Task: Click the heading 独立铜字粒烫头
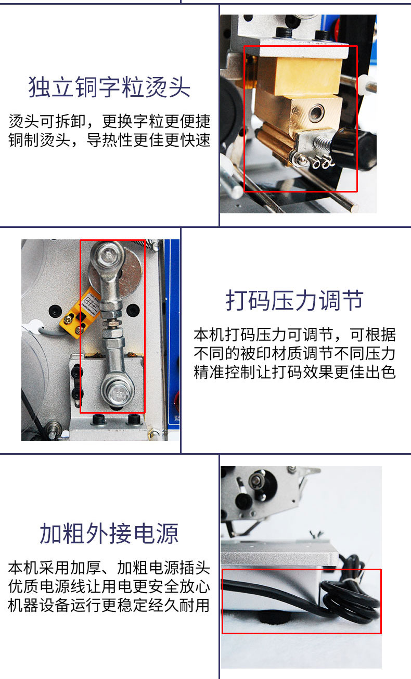(109, 87)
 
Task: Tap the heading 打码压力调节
(294, 300)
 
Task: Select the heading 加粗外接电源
(109, 533)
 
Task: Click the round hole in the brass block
(316, 112)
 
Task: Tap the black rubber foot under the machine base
(274, 618)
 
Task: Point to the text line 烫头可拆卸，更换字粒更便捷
(109, 121)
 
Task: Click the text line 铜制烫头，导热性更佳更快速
(109, 140)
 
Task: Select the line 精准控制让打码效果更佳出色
(294, 372)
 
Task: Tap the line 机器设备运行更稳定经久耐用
(109, 606)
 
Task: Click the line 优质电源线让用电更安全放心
(109, 586)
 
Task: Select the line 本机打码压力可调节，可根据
(294, 335)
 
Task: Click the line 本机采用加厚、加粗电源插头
(109, 568)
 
